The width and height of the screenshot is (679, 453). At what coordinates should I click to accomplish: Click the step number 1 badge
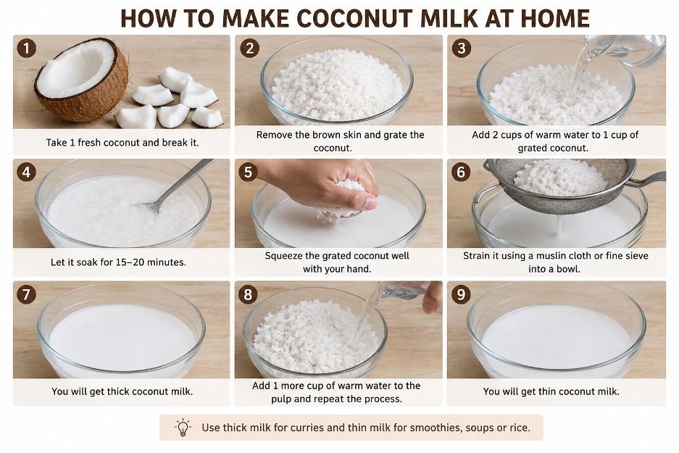pyautogui.click(x=26, y=48)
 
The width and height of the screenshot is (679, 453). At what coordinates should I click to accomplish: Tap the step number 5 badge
pyautogui.click(x=248, y=172)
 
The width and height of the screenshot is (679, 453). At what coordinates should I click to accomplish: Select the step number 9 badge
pyautogui.click(x=461, y=294)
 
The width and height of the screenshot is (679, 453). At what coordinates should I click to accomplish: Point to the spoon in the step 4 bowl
pyautogui.click(x=176, y=186)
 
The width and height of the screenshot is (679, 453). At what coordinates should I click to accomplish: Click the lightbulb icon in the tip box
pyautogui.click(x=183, y=428)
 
